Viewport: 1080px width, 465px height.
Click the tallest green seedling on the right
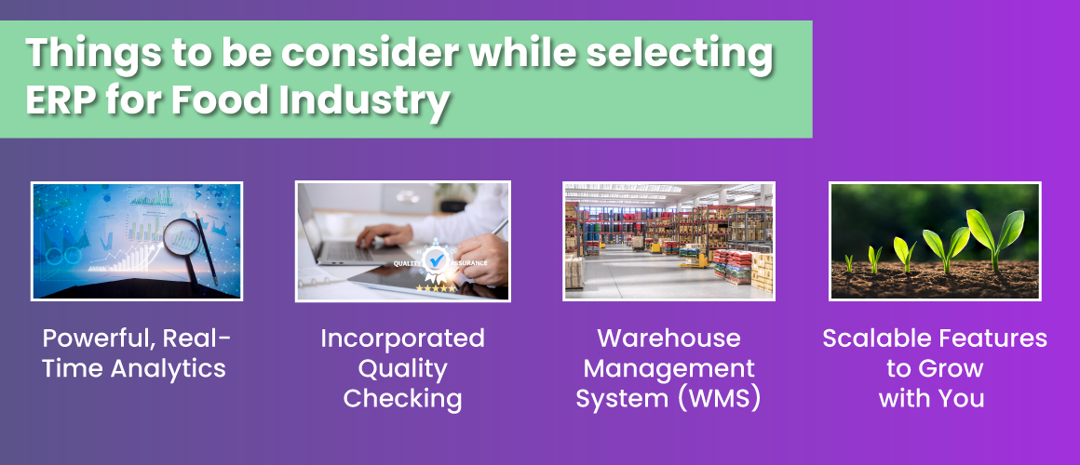coord(992,232)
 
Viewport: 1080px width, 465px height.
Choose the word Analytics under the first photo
coord(169,368)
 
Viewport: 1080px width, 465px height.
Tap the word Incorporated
coord(402,338)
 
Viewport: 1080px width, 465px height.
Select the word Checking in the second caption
coord(402,399)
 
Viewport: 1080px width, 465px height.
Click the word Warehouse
coord(668,338)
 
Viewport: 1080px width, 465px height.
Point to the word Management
coord(668,368)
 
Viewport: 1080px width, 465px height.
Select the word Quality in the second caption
coord(402,368)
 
